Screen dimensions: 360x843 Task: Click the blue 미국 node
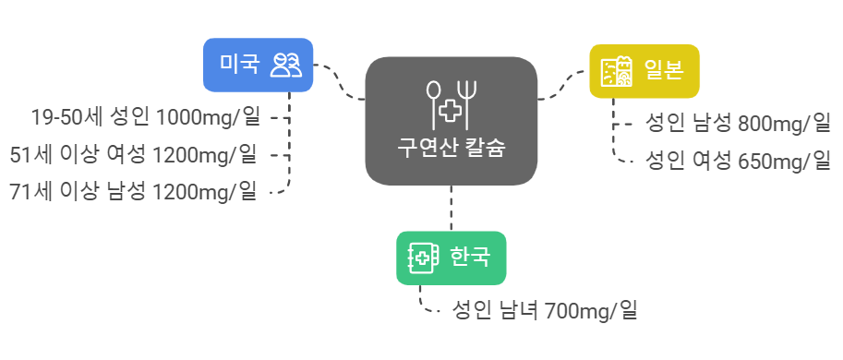pos(258,65)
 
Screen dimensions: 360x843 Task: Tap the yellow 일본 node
pos(644,71)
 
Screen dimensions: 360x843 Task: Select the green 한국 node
pos(451,258)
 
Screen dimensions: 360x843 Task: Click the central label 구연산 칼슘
pos(452,147)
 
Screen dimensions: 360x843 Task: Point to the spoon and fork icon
pos(452,103)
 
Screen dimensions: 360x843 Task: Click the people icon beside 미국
pos(285,65)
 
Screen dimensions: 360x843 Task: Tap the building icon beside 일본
pos(617,71)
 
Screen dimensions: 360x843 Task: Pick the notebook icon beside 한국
pos(422,258)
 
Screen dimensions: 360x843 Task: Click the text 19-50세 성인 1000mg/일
pos(146,117)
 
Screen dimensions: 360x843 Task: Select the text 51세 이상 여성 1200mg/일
pos(134,154)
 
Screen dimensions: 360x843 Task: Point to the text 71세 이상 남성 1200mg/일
pos(134,191)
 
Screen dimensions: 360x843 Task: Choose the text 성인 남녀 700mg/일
pos(545,310)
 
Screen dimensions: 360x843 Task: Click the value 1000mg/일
pos(209,117)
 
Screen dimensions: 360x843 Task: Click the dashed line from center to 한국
pos(452,208)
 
